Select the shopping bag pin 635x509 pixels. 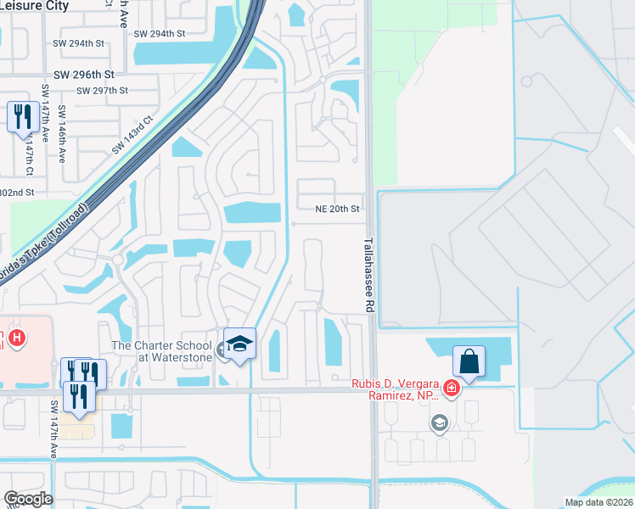pyautogui.click(x=469, y=362)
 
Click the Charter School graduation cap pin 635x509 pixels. pyautogui.click(x=240, y=344)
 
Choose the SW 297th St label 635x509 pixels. pyautogui.click(x=102, y=91)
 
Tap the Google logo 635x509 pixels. pyautogui.click(x=28, y=498)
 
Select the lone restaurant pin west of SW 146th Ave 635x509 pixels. pyautogui.click(x=21, y=117)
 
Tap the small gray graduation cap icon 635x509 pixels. pyautogui.click(x=439, y=423)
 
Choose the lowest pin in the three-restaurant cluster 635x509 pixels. pyautogui.click(x=79, y=397)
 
